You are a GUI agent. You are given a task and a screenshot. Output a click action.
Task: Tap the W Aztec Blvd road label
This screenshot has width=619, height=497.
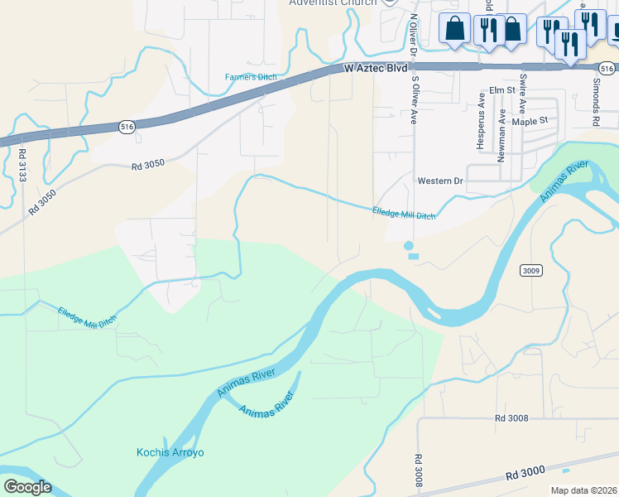[376, 71]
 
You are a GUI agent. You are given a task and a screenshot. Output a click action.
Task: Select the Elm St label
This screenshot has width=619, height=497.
[501, 89]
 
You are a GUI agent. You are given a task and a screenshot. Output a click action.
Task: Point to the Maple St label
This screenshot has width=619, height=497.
[530, 121]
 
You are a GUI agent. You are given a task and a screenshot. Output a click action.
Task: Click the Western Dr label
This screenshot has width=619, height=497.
[440, 181]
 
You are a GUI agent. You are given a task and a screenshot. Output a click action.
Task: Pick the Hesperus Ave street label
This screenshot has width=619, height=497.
[480, 121]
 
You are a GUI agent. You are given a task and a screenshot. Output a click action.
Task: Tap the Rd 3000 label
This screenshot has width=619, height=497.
[525, 472]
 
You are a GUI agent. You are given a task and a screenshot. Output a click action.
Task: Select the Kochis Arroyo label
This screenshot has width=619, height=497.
[170, 452]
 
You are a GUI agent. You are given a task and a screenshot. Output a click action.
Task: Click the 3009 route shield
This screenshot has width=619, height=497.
[531, 271]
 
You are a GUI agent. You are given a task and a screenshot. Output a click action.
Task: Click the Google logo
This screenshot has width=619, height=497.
[26, 487]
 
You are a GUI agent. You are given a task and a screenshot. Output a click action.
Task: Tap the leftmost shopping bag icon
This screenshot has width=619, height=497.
[455, 29]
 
